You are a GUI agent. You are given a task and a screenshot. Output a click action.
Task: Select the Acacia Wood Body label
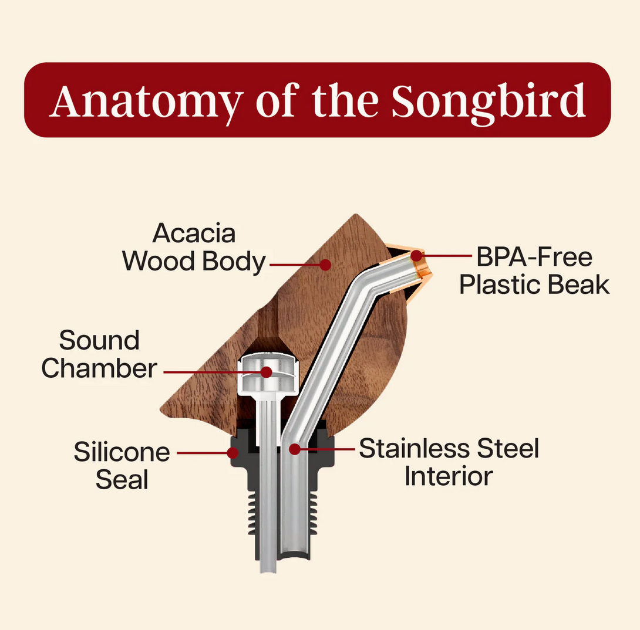point(194,247)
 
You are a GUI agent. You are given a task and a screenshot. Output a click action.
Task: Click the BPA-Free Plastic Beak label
point(534,270)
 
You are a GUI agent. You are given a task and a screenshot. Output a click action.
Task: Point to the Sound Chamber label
point(99,354)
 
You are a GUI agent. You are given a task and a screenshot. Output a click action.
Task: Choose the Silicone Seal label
point(122,465)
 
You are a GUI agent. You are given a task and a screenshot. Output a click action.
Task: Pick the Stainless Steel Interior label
point(449,462)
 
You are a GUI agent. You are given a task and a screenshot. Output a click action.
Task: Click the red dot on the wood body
point(325,265)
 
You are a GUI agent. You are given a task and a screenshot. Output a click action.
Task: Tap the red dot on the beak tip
point(416,256)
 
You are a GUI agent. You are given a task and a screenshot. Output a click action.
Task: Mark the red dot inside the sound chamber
point(267,372)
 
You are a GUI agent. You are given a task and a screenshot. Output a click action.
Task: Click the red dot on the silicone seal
point(233,453)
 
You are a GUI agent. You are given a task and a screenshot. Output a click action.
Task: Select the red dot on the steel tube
point(294,449)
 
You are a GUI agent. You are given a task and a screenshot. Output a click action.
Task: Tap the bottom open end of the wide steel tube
point(295,556)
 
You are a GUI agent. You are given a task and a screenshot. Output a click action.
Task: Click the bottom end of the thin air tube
point(268,570)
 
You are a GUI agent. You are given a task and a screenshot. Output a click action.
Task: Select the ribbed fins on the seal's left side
point(252,512)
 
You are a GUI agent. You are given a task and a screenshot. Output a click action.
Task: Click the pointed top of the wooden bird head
point(356,215)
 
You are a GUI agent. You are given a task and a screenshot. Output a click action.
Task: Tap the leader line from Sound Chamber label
point(212,372)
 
